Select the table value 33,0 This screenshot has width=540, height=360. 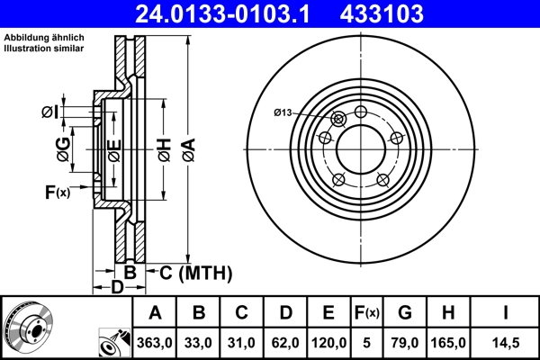199,342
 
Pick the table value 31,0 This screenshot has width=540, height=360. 241,342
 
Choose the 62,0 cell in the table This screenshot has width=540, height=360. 284,342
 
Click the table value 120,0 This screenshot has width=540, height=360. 328,342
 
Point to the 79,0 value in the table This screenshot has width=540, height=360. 405,342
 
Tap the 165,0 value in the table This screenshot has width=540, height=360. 451,342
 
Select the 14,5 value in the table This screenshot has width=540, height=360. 506,342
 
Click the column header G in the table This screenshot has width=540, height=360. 405,313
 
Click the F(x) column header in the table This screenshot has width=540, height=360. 365,313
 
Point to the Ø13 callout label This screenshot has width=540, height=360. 283,112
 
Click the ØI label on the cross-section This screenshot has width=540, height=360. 51,112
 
